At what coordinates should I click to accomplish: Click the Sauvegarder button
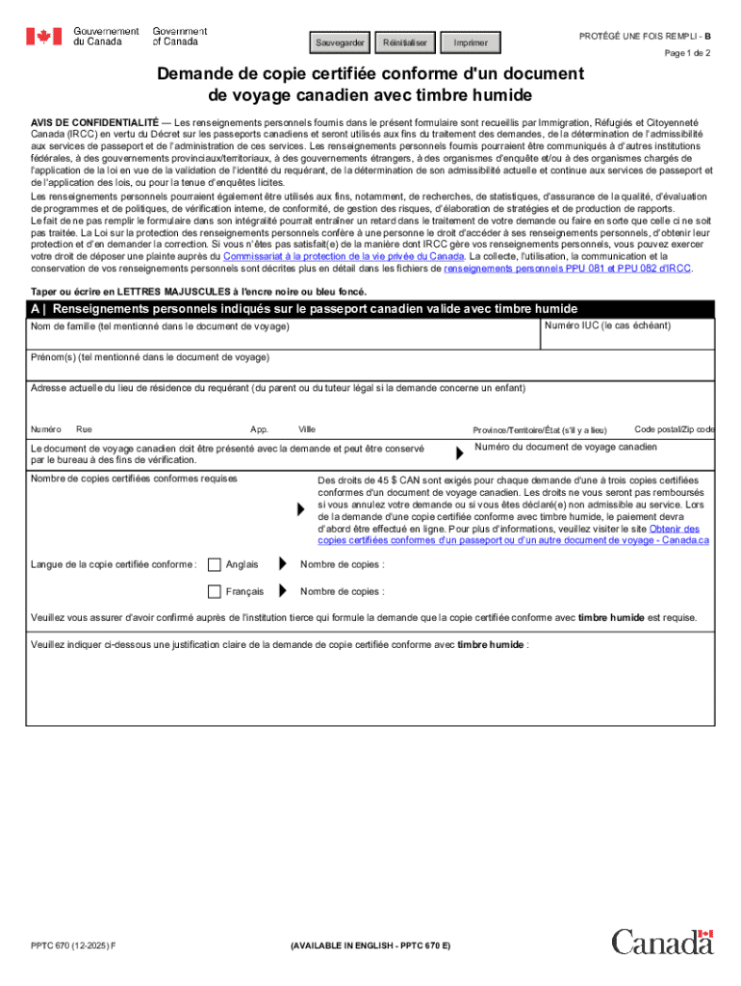tap(341, 43)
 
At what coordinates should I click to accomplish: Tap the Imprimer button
tap(471, 43)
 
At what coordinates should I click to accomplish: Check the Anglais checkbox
tap(215, 564)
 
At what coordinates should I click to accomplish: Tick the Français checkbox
tap(215, 591)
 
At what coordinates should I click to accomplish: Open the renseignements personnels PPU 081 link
tap(567, 270)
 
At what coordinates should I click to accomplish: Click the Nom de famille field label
tap(160, 327)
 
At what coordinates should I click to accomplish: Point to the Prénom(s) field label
tap(150, 357)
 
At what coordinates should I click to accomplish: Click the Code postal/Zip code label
tap(674, 428)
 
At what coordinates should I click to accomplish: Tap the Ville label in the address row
tap(307, 429)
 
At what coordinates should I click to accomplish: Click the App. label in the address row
tap(259, 429)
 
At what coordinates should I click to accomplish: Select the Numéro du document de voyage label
tap(566, 448)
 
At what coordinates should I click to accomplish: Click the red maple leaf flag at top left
tap(43, 37)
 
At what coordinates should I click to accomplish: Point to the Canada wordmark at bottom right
tap(662, 942)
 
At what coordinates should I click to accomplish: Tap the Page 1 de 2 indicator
tap(686, 54)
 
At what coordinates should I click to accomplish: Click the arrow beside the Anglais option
tap(282, 564)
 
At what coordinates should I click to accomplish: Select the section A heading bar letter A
tap(35, 309)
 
